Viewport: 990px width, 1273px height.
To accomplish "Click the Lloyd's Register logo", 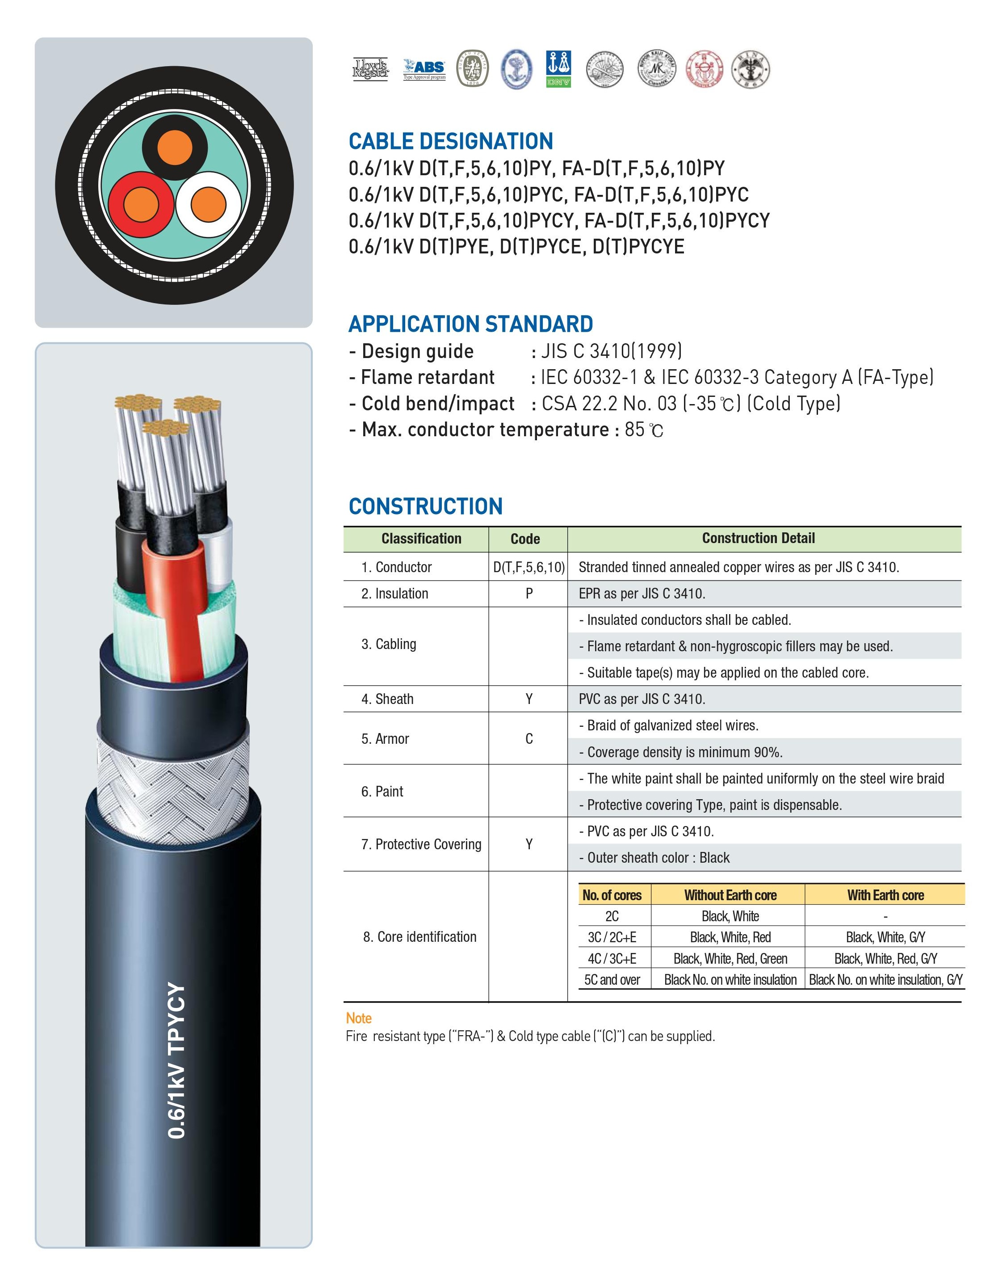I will point(370,69).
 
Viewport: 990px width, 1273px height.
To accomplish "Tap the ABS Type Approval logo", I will point(424,69).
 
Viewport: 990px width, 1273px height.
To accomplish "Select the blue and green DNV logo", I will point(558,69).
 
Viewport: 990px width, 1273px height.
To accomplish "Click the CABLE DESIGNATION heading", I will point(450,142).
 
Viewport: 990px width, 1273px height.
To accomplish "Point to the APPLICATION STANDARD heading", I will point(470,324).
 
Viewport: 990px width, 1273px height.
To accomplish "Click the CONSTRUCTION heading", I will point(425,506).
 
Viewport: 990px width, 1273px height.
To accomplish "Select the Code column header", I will point(525,539).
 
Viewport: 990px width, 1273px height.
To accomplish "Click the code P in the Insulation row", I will point(529,594).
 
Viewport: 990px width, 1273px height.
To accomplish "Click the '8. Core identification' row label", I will point(419,937).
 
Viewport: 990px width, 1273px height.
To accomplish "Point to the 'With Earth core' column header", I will point(885,895).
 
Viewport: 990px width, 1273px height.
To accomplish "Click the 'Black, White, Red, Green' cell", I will point(730,959).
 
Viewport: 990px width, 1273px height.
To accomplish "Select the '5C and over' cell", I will point(612,980).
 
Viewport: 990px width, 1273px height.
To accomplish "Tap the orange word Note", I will point(358,1018).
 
